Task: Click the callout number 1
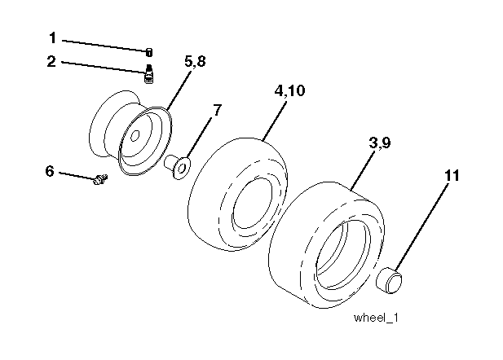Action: [52, 37]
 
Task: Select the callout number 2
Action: [52, 61]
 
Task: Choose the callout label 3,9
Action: [379, 143]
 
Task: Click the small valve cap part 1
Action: [149, 52]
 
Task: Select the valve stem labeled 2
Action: [149, 75]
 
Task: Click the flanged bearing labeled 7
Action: [178, 166]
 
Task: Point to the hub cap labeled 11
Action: [390, 282]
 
